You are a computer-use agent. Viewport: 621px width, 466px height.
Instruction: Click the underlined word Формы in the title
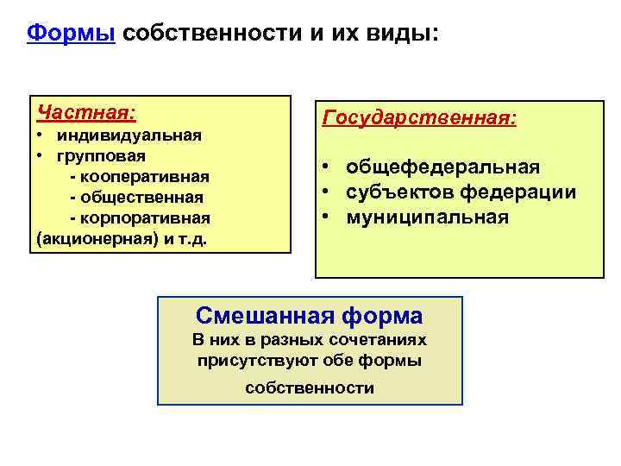click(71, 34)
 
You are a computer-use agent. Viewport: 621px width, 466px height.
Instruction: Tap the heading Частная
click(85, 113)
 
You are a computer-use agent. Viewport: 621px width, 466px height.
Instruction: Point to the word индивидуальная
click(129, 135)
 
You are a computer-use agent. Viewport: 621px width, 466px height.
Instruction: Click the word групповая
click(102, 156)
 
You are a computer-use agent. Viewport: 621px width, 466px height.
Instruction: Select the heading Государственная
click(418, 117)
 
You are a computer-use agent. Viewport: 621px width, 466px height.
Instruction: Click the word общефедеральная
click(443, 167)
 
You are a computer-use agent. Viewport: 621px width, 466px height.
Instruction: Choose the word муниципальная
click(428, 217)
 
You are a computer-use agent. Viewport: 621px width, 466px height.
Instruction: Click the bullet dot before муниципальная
click(328, 217)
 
